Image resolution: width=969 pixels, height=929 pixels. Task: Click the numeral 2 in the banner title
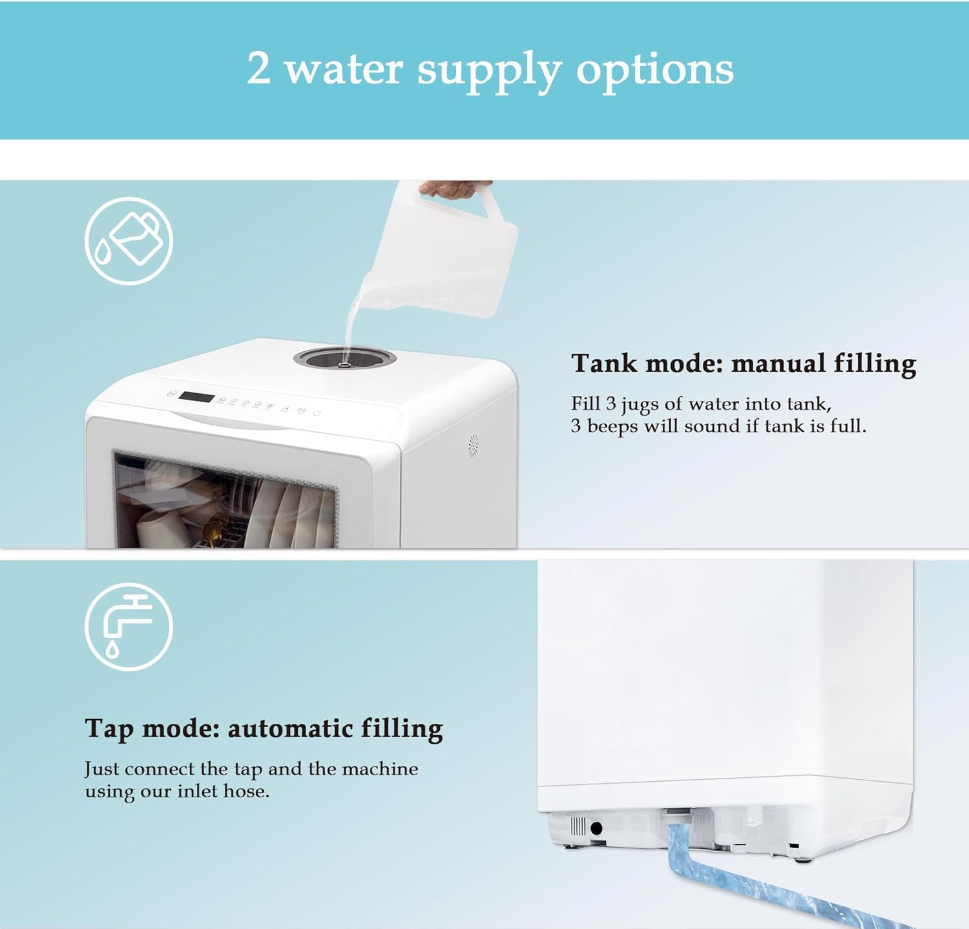[259, 68]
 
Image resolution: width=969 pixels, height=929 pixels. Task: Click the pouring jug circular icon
[129, 241]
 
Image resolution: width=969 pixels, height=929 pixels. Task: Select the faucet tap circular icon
[129, 627]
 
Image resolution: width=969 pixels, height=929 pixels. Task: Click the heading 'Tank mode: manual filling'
[744, 363]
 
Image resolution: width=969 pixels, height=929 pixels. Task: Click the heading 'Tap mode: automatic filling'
[264, 729]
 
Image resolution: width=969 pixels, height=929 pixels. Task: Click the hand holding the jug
[452, 189]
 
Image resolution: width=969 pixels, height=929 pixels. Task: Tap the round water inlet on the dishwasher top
[345, 358]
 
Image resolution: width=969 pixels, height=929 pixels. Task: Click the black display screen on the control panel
[196, 397]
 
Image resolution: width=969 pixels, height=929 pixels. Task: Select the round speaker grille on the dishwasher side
[473, 444]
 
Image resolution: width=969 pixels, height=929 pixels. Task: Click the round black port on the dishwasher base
[596, 828]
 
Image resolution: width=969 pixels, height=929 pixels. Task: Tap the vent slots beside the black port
[578, 826]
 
